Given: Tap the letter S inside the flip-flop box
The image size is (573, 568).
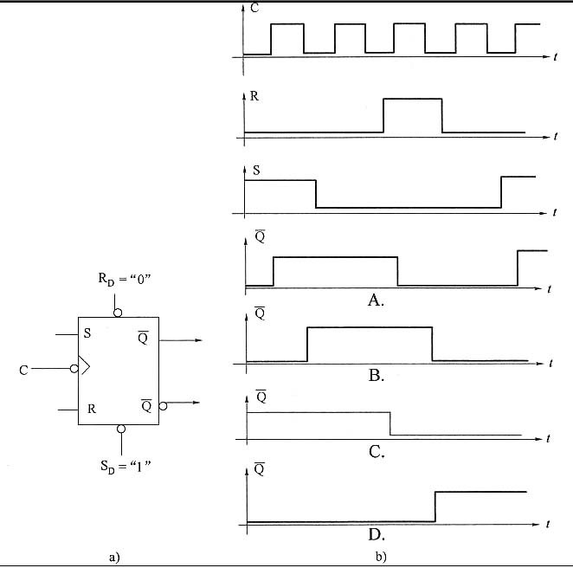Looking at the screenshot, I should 87,333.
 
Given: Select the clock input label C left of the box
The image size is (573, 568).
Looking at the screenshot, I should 23,371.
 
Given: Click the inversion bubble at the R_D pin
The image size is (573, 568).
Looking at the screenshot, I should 118,311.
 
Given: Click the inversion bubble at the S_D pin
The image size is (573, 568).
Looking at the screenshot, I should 121,429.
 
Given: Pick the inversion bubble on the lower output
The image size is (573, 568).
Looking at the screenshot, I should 163,405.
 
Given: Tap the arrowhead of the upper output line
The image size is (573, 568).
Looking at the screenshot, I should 198,340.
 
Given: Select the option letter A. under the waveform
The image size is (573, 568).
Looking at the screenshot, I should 376,300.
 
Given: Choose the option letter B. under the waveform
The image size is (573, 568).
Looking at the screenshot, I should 377,375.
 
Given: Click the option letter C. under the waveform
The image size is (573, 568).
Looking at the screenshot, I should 377,450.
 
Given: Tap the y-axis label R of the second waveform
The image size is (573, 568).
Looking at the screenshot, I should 254,96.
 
